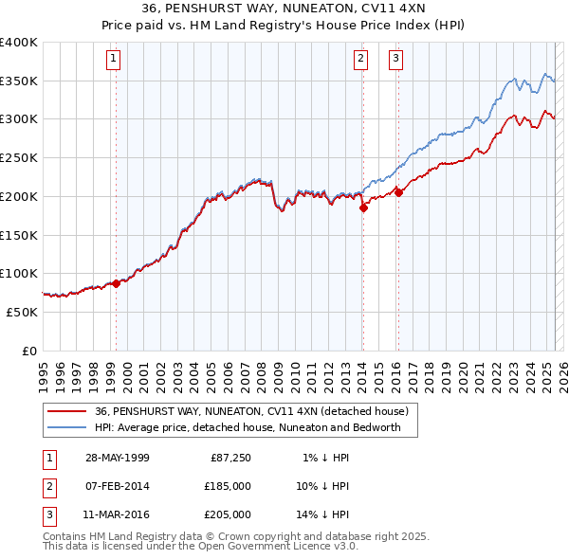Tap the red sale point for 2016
click(398, 192)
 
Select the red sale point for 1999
click(117, 282)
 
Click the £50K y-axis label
click(23, 312)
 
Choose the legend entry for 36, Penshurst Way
click(250, 411)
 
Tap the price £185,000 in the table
click(228, 487)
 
